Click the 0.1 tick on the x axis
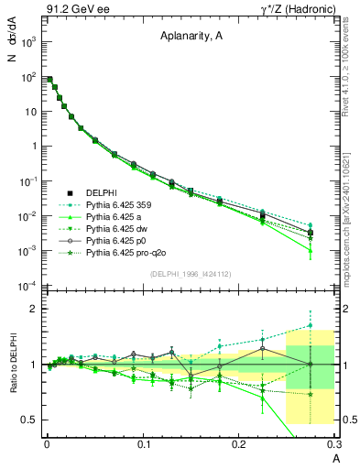tap(143, 446)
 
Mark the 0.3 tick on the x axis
tap(335, 446)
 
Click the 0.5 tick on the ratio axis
tap(29, 420)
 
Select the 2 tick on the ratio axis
tap(33, 309)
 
